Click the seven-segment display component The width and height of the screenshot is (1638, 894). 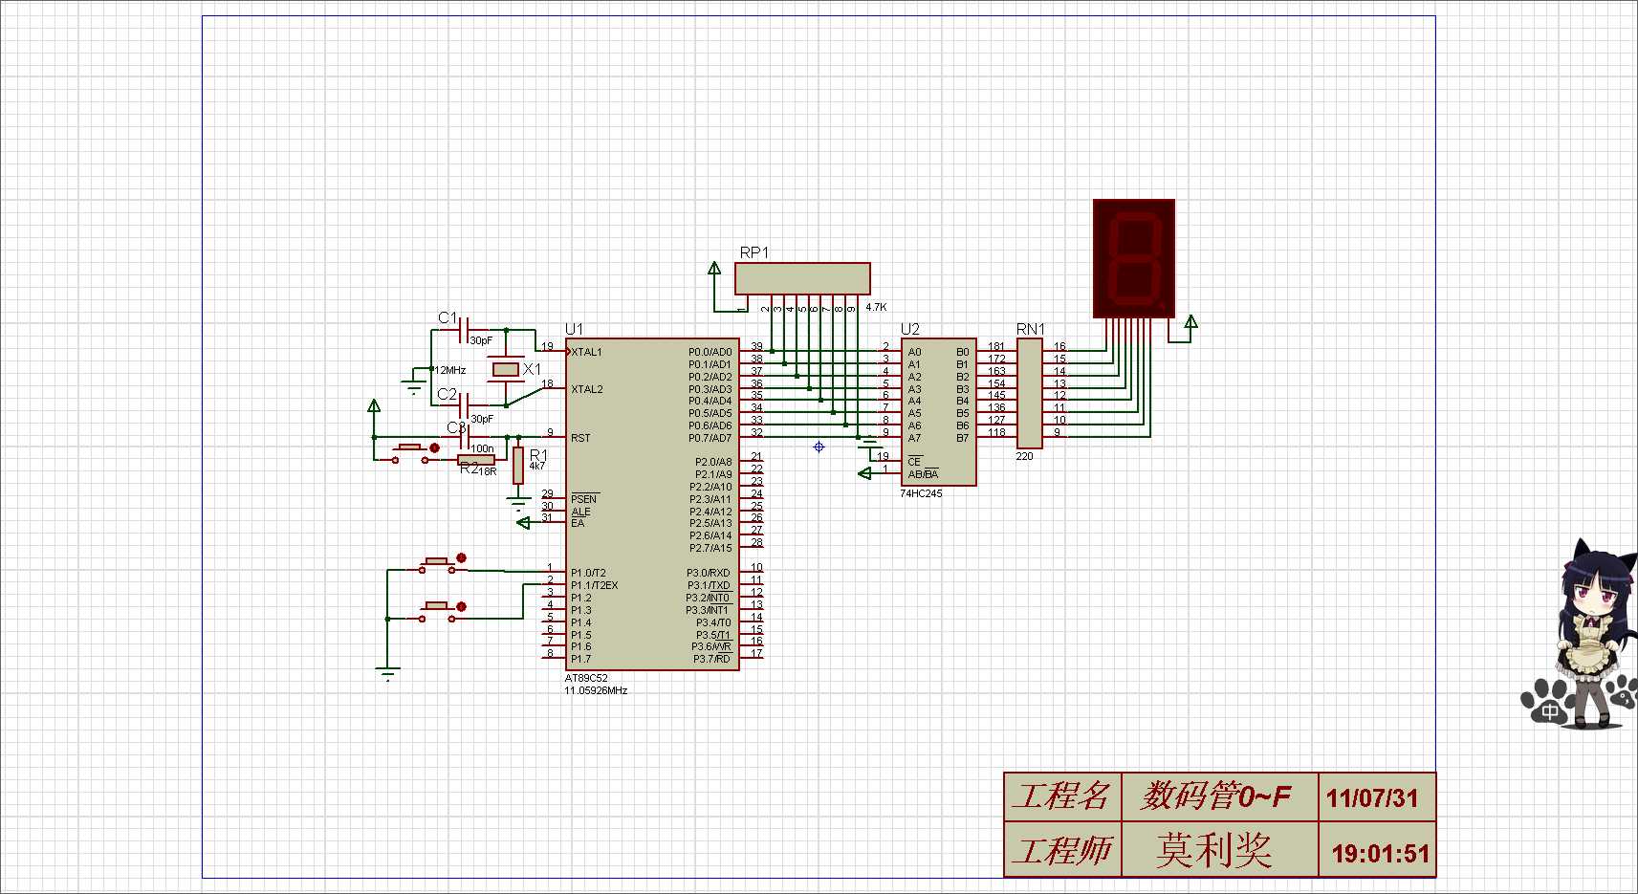pyautogui.click(x=1134, y=258)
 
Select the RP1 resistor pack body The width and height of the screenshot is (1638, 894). pyautogui.click(x=802, y=278)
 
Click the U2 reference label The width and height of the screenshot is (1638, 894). pyautogui.click(x=909, y=329)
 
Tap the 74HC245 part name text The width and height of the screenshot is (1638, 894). pyautogui.click(x=921, y=494)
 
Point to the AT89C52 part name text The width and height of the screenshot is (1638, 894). pyautogui.click(x=586, y=678)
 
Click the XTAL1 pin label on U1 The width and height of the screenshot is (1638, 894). pyautogui.click(x=587, y=352)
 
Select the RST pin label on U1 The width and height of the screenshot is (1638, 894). pyautogui.click(x=580, y=438)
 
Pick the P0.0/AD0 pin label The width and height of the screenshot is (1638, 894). pyautogui.click(x=710, y=352)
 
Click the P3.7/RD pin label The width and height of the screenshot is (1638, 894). pyautogui.click(x=711, y=659)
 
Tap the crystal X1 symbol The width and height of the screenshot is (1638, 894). pyautogui.click(x=505, y=369)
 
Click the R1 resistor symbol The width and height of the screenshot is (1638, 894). pyautogui.click(x=517, y=465)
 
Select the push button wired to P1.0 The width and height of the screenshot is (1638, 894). pyautogui.click(x=438, y=564)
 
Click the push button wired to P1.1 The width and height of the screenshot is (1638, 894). pyautogui.click(x=438, y=611)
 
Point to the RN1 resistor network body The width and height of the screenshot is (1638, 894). pyautogui.click(x=1029, y=392)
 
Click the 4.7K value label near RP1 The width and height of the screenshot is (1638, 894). pyautogui.click(x=876, y=307)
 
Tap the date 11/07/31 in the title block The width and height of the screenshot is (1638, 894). pyautogui.click(x=1372, y=798)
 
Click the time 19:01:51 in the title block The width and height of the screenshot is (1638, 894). pyautogui.click(x=1380, y=854)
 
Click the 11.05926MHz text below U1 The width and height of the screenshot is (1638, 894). pyautogui.click(x=596, y=690)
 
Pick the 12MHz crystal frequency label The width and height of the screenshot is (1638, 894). pyautogui.click(x=450, y=370)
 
